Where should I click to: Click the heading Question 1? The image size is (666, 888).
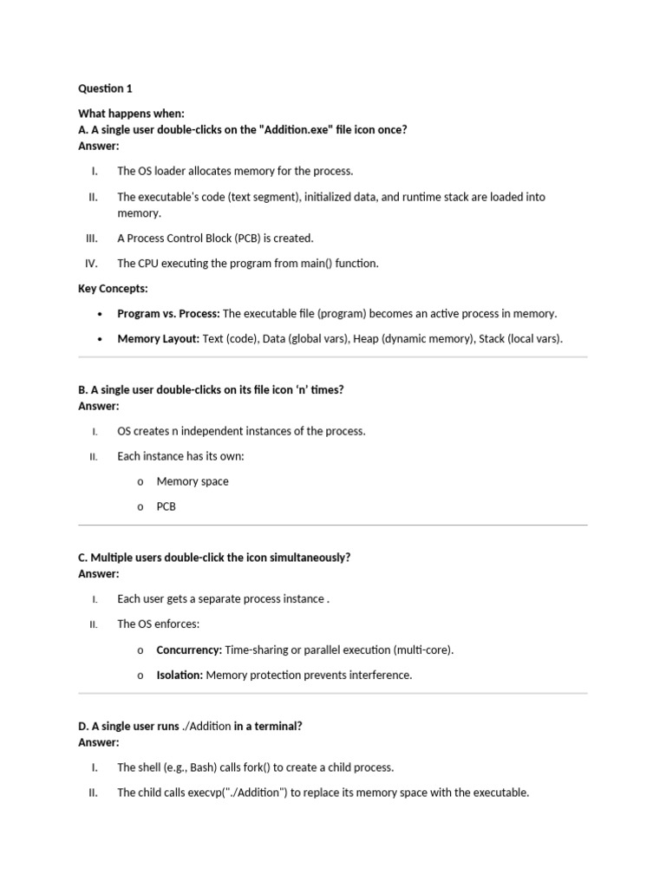click(x=105, y=88)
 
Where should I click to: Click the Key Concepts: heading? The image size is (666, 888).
click(x=113, y=289)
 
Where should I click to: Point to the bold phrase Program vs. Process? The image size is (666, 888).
click(x=169, y=314)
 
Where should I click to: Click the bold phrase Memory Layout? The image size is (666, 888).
click(x=159, y=339)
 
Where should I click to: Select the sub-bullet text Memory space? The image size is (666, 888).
click(x=193, y=481)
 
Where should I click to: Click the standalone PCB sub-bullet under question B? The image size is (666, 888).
click(x=166, y=506)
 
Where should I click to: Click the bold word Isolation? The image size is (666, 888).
click(x=180, y=675)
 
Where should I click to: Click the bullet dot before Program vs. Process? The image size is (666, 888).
click(x=101, y=314)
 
